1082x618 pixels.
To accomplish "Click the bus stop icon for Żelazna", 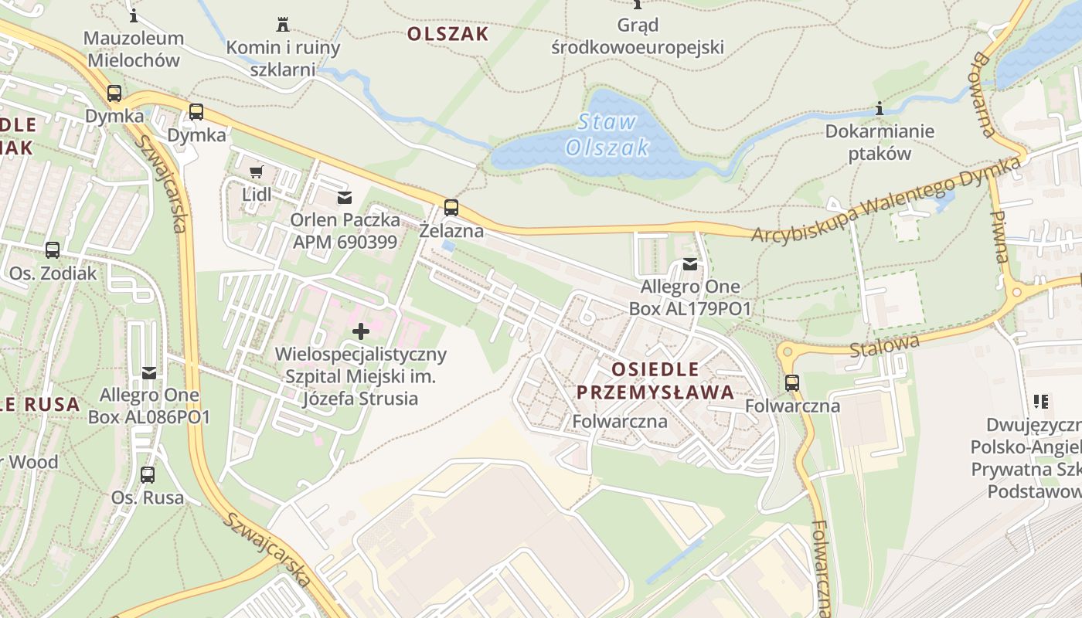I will coord(451,207).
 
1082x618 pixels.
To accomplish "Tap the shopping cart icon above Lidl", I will coord(257,171).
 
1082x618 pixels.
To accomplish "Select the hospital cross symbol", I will coord(360,332).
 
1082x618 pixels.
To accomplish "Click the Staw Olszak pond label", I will coord(607,134).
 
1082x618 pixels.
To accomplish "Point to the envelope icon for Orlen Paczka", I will coord(345,199).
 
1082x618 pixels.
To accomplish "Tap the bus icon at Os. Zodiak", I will coord(53,250).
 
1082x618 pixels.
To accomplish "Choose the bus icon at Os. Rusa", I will coord(148,474).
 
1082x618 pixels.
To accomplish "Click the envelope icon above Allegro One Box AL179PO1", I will coord(689,265).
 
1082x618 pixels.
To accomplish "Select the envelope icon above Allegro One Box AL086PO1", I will coord(148,373).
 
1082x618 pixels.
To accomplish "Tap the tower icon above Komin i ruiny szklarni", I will coord(282,24).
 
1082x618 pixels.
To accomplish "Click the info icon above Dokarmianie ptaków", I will coord(879,109).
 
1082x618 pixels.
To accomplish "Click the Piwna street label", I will coord(1000,236).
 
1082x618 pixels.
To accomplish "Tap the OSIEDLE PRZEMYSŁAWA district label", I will coord(655,380).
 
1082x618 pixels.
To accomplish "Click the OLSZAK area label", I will coord(447,34).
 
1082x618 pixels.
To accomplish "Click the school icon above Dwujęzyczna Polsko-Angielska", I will coord(1040,402).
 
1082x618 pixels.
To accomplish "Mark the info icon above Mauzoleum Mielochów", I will coord(134,15).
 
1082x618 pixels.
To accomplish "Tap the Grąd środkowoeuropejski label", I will coord(638,36).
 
